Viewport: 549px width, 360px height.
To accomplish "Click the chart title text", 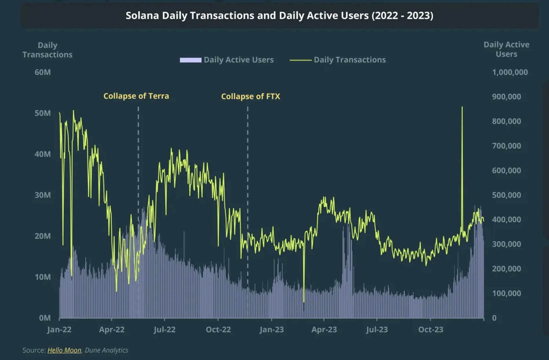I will pos(279,16).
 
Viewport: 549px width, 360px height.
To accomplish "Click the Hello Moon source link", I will pos(64,350).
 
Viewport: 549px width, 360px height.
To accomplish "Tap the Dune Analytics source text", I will pos(106,350).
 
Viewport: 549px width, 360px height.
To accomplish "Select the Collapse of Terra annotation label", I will pos(136,96).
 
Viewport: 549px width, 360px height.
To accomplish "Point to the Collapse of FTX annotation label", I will pos(250,96).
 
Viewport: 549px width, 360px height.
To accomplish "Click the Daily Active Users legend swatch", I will pos(190,60).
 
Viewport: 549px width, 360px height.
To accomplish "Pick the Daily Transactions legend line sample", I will pos(300,60).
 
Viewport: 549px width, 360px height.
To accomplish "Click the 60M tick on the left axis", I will pos(43,72).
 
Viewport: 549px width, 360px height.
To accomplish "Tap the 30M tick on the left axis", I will pos(43,195).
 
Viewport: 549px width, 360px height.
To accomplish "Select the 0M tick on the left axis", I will pos(45,318).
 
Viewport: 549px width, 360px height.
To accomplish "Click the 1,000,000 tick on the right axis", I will pos(510,72).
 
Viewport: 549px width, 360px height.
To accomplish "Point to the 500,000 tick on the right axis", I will pos(506,195).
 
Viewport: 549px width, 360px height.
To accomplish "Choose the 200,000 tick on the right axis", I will pos(506,269).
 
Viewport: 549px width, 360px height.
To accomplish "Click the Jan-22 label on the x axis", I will pos(59,330).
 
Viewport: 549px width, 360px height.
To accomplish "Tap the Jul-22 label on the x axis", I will pos(164,330).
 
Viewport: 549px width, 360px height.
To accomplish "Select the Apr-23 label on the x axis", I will pos(324,330).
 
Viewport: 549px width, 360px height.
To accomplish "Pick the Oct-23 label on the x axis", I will pos(430,330).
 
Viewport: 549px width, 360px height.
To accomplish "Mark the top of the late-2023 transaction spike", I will pos(462,107).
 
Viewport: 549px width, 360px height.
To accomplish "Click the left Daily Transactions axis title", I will pos(47,50).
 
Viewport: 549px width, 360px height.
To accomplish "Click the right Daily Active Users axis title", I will pos(506,49).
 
